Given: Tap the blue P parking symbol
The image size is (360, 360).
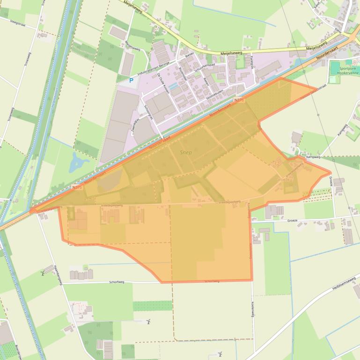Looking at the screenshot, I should click(131, 80).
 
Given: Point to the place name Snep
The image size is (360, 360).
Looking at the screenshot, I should click(186, 152).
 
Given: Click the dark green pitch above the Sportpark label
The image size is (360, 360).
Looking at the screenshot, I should click(335, 69).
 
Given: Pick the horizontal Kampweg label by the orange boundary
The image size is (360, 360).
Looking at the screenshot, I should click(312, 157).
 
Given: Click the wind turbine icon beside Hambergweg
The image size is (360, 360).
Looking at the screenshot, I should click(44, 271).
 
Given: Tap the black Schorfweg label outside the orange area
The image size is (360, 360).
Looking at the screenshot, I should click(117, 282).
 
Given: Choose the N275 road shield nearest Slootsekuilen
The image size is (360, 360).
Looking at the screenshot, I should click(238, 100).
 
